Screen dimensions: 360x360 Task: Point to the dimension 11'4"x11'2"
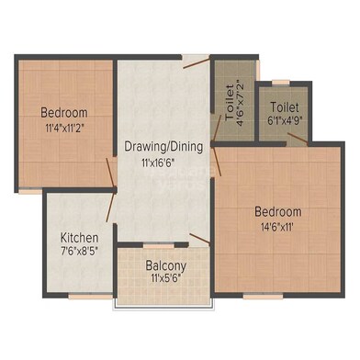tap(63, 129)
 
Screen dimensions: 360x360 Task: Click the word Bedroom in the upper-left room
tap(63, 114)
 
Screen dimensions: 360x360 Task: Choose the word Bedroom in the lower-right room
tap(277, 211)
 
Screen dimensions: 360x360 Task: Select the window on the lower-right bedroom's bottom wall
tap(257, 296)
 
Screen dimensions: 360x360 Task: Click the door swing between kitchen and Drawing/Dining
tap(111, 193)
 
